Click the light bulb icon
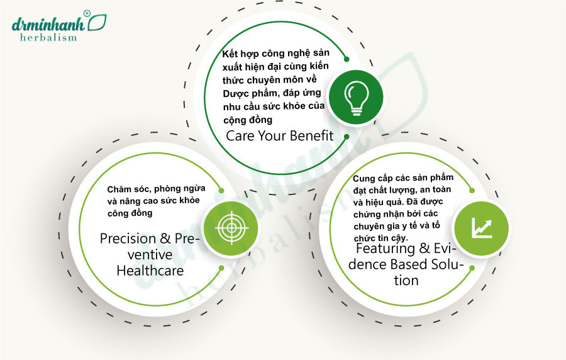(x=357, y=98)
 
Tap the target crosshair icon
(x=231, y=228)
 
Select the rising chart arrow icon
(x=482, y=228)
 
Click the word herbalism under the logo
(x=48, y=38)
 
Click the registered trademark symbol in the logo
(x=87, y=13)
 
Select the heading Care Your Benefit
(x=279, y=136)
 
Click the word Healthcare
(x=150, y=271)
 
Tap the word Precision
(x=123, y=239)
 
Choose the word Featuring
(x=385, y=249)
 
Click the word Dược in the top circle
(x=233, y=94)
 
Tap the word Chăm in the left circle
(x=118, y=189)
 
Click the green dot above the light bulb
(x=347, y=59)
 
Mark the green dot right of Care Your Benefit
(x=347, y=137)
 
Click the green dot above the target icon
(x=221, y=190)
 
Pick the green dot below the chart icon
(x=472, y=268)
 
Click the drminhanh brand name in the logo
(x=48, y=23)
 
